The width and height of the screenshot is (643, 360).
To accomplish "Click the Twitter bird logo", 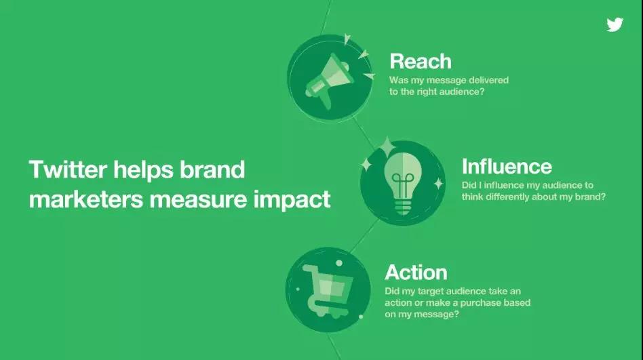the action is [615, 24].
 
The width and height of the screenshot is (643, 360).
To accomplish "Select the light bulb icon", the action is [403, 183].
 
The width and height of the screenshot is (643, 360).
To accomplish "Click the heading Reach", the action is [421, 62].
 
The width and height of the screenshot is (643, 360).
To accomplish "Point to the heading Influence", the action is [507, 167].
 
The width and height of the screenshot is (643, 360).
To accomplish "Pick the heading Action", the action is [416, 273].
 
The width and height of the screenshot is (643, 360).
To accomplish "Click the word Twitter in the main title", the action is [68, 169].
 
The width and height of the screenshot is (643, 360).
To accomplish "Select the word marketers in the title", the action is [86, 200].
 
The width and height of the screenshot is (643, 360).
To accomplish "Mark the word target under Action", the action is [431, 292].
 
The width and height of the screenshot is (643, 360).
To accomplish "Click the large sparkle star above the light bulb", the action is [387, 146].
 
